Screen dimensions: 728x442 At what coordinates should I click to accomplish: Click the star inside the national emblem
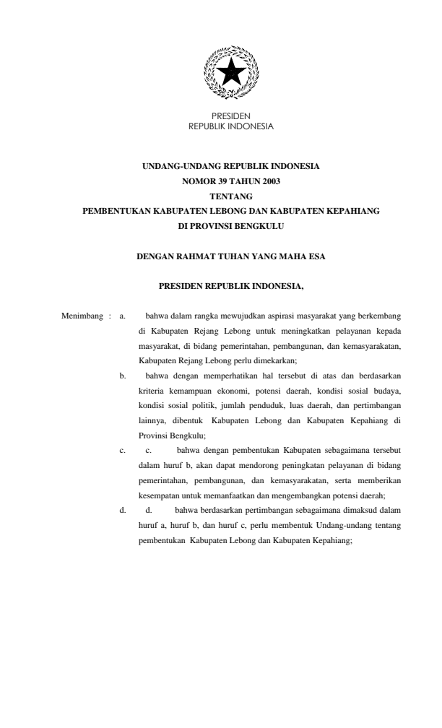click(x=231, y=73)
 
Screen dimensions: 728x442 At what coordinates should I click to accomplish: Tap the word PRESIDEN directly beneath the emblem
click(x=231, y=116)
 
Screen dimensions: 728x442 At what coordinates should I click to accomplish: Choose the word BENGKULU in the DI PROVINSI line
click(x=259, y=225)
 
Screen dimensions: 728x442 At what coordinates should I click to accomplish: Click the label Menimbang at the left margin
click(x=81, y=316)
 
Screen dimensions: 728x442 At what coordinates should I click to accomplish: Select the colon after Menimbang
click(x=109, y=316)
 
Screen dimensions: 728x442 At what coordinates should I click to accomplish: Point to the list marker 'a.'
click(x=123, y=316)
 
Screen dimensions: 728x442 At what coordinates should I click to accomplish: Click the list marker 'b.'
click(x=123, y=376)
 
